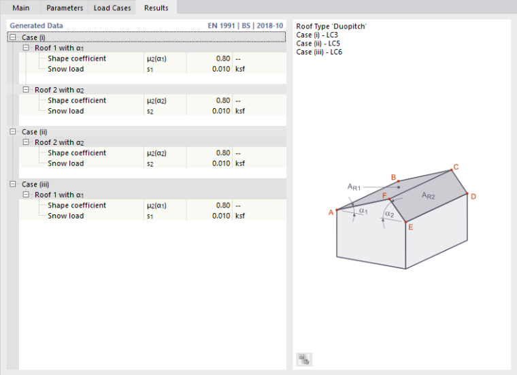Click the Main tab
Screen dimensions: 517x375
tap(21, 8)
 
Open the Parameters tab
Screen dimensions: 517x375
tap(65, 8)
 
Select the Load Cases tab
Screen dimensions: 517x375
tap(112, 8)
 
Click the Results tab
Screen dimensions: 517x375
tap(156, 7)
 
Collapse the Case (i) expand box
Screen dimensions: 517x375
tap(13, 37)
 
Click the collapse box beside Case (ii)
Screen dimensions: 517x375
tap(13, 131)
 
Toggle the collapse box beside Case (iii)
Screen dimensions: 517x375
tap(13, 184)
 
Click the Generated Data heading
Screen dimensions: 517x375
tap(36, 26)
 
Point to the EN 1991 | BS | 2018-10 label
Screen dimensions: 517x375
tap(246, 26)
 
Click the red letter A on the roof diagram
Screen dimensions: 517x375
tap(331, 213)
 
